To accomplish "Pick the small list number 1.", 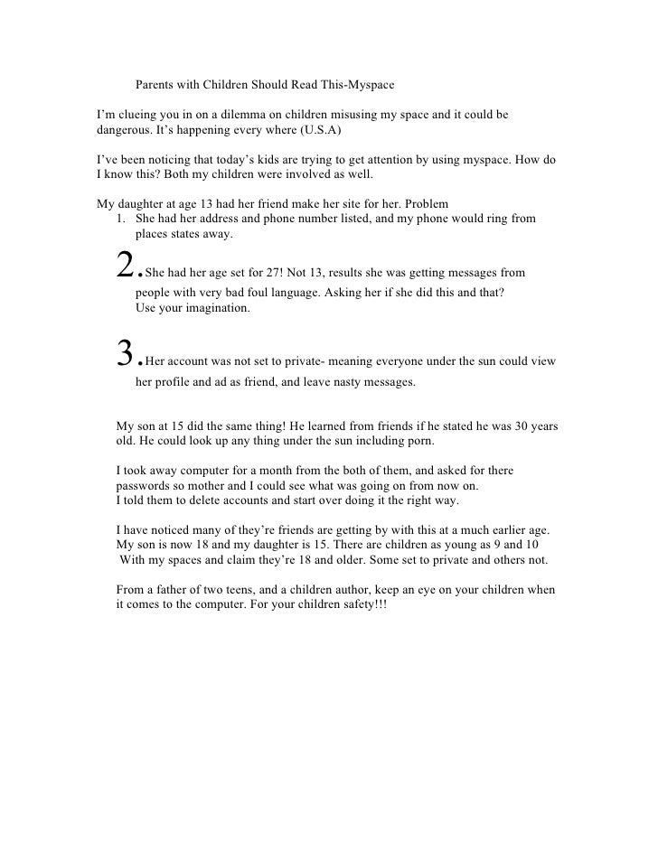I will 121,219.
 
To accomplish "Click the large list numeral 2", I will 126,263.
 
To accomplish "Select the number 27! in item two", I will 267,272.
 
